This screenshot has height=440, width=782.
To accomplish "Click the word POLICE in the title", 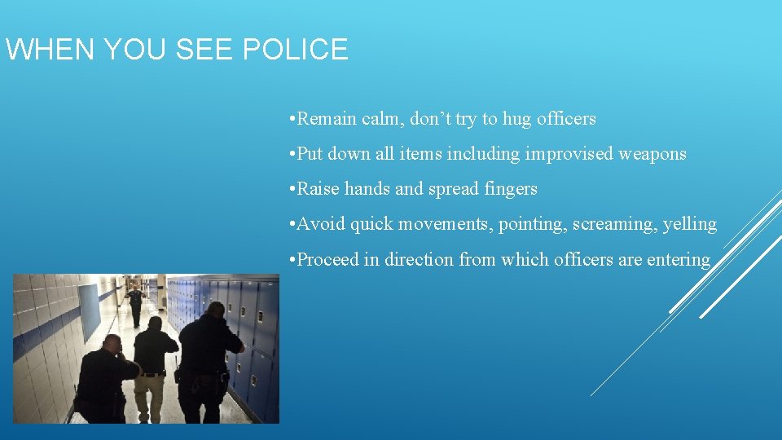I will point(296,50).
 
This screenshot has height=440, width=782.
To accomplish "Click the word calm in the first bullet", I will point(382,119).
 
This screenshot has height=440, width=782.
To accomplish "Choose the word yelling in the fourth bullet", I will point(690,225).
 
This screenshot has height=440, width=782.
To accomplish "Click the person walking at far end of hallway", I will point(135,303).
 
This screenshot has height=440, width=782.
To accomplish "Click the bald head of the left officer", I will point(112,343).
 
